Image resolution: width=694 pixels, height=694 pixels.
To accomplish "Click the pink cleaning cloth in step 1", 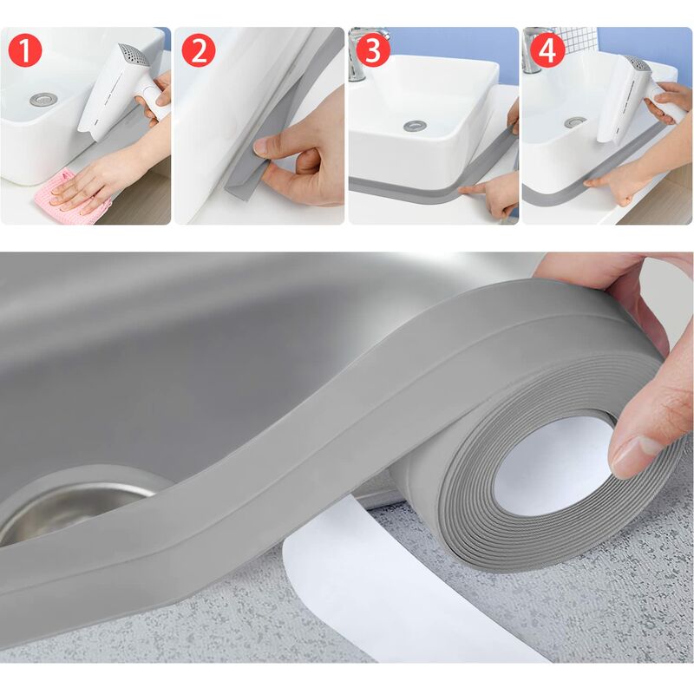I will coord(74,195).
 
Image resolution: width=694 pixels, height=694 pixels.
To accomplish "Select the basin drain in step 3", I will coord(415,126).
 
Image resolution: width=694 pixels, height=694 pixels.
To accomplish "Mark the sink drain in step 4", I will coord(575,122).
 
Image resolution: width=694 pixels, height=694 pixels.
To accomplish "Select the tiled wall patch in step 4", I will coord(576,38).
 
